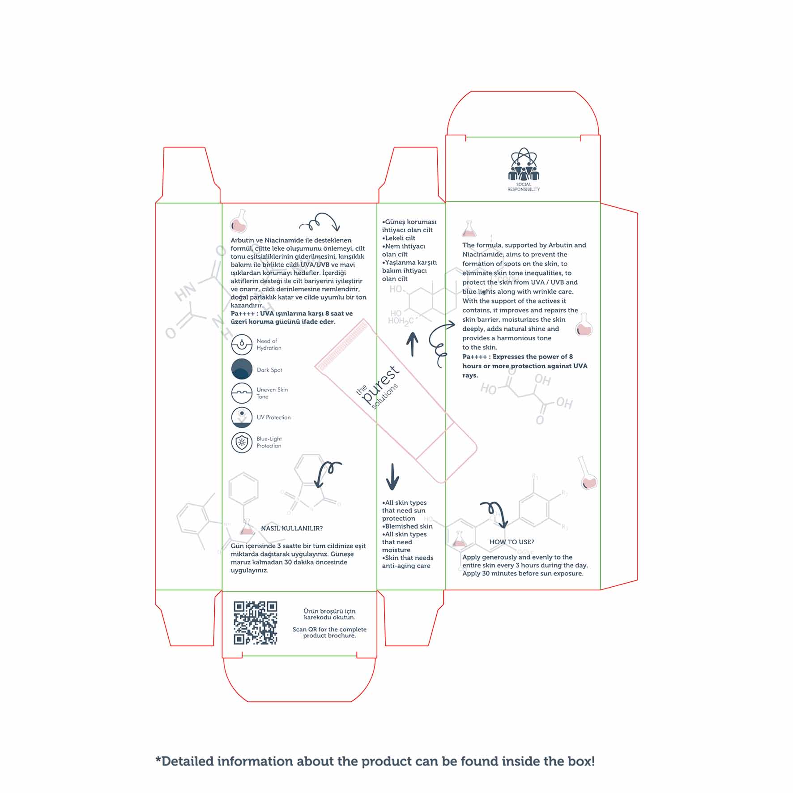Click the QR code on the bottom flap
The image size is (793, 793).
[x=256, y=623]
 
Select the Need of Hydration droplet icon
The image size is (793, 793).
[x=242, y=345]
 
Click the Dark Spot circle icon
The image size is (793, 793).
[x=242, y=369]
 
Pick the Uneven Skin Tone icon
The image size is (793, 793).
[x=242, y=393]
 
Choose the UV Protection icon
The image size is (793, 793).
[x=242, y=417]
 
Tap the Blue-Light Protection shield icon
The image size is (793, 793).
[x=242, y=442]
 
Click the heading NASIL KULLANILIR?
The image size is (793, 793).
[x=292, y=529]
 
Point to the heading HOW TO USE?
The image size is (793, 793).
[x=512, y=542]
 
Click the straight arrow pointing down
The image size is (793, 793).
[x=392, y=477]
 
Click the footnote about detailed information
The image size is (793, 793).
[x=375, y=761]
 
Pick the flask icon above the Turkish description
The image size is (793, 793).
[x=239, y=221]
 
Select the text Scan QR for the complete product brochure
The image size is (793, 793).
[x=329, y=632]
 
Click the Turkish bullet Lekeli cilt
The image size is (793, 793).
[x=399, y=238]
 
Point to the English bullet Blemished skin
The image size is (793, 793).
[x=407, y=526]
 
